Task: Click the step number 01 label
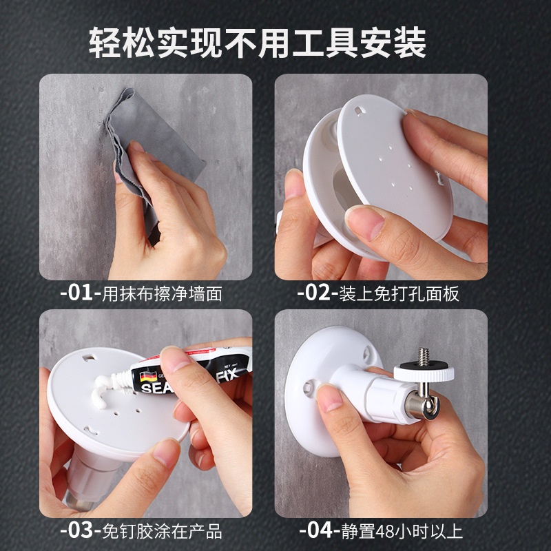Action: point(81,293)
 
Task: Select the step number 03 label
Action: point(81,530)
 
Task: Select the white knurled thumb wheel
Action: point(424,372)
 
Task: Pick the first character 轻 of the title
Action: point(105,43)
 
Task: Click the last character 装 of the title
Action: point(410,43)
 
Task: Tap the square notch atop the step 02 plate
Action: point(359,111)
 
